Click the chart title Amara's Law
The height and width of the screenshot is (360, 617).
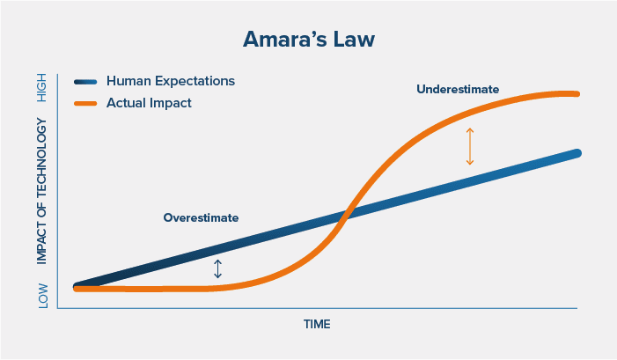point(307,41)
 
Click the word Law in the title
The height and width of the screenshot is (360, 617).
point(352,41)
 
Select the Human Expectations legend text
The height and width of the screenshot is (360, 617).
point(170,81)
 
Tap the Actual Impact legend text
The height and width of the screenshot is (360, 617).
point(149,103)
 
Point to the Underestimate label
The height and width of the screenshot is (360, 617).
point(458,89)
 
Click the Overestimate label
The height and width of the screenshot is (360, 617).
point(201,217)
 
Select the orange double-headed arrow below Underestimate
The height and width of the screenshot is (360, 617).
point(470,146)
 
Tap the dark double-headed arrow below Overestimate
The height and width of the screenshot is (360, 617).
point(218,268)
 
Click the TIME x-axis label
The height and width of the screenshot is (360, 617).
point(317,325)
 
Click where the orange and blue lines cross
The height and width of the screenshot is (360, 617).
point(347,215)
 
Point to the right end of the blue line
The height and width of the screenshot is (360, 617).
point(577,153)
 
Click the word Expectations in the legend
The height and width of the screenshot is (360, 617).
point(195,81)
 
